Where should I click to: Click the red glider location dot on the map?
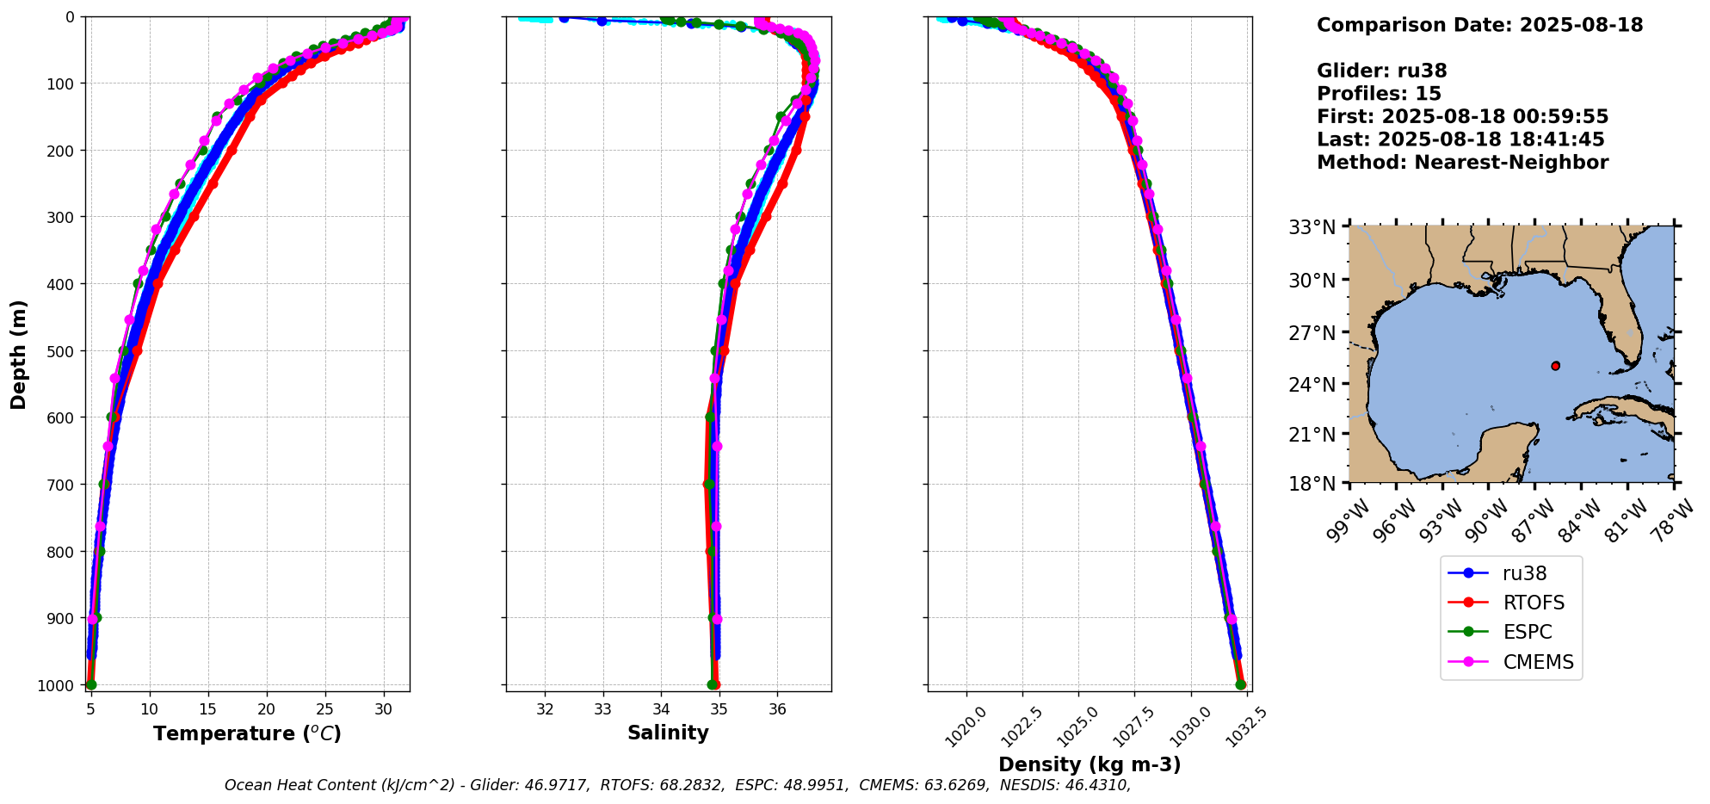click(x=1555, y=366)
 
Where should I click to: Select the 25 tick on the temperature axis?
click(x=324, y=709)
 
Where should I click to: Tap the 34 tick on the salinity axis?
click(x=661, y=709)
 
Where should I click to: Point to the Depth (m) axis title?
click(x=19, y=354)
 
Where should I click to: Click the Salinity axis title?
click(x=668, y=733)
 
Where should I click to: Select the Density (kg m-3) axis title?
click(x=1089, y=764)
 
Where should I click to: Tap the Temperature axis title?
click(x=247, y=733)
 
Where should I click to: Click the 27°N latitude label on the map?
click(x=1312, y=332)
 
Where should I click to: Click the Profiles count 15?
click(x=1428, y=94)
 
